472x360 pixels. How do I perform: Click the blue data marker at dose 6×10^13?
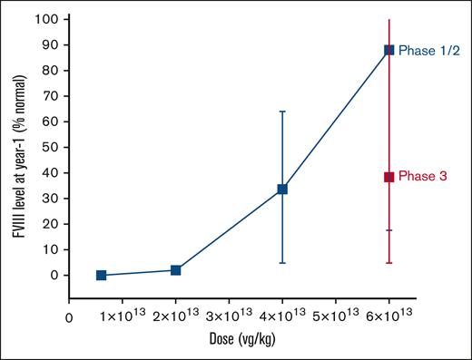tap(388, 50)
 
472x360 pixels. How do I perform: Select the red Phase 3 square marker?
tap(388, 177)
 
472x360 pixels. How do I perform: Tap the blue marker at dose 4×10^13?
tap(282, 189)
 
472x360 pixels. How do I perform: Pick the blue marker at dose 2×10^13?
tap(175, 270)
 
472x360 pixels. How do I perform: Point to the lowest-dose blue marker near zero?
tap(101, 275)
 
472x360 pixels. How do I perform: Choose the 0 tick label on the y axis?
tap(54, 275)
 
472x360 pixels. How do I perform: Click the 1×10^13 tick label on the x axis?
tap(122, 316)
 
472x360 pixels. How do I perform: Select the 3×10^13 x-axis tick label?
tap(229, 316)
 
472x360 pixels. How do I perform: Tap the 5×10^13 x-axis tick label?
tap(335, 316)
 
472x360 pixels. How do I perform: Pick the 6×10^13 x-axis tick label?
tap(388, 316)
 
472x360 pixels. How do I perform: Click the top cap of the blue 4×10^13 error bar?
tap(282, 112)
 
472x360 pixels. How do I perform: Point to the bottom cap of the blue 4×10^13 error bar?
tap(282, 263)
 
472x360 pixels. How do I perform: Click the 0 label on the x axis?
tap(69, 316)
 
